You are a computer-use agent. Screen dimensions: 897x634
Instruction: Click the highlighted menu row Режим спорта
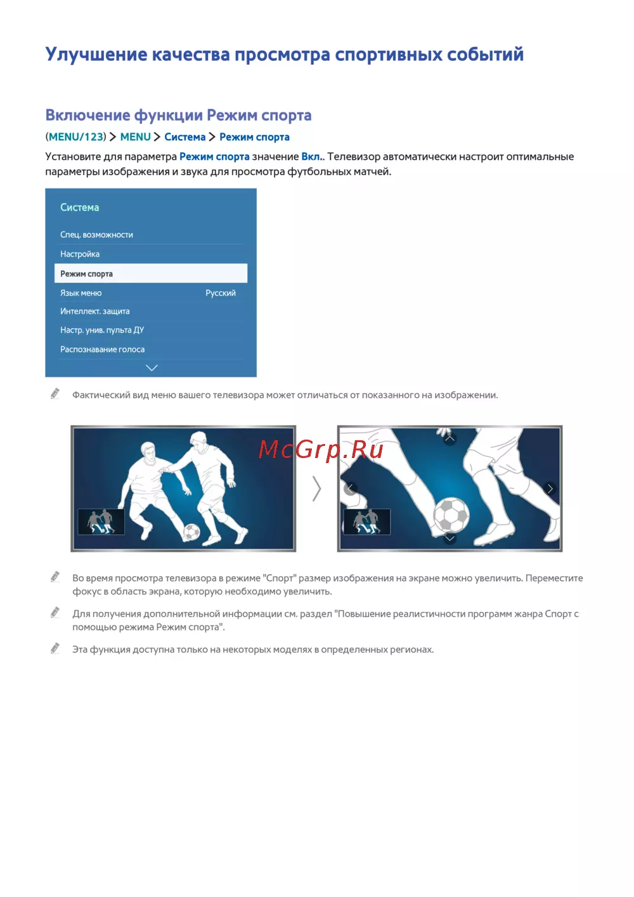(x=150, y=273)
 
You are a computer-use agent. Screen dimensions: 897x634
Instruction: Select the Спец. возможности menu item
(x=96, y=235)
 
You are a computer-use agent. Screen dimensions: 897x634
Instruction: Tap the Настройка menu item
(x=80, y=254)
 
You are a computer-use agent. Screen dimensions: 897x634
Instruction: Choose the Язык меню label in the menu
(x=81, y=293)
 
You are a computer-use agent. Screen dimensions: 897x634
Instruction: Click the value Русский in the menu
(x=221, y=293)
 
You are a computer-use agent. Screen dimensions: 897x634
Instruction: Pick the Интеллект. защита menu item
(x=95, y=311)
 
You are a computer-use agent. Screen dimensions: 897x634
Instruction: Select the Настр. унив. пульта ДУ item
(x=102, y=331)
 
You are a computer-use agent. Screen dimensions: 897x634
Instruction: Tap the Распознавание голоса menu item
(x=103, y=350)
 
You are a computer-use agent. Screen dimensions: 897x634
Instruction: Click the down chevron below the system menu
(x=152, y=368)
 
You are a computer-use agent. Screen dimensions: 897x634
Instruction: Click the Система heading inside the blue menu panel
(x=80, y=207)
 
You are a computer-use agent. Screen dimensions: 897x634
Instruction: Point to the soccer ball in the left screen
(x=191, y=532)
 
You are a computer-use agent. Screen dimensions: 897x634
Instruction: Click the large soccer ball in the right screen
(x=451, y=514)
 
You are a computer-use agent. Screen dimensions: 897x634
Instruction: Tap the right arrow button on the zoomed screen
(x=550, y=488)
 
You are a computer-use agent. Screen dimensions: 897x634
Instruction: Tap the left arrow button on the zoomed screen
(x=350, y=488)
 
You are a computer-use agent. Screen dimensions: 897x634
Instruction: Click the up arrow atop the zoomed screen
(x=450, y=438)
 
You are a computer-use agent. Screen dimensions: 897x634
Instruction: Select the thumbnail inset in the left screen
(x=101, y=521)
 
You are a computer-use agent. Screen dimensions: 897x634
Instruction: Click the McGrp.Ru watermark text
(x=321, y=449)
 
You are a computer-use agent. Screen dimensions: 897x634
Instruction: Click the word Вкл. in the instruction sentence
(x=311, y=157)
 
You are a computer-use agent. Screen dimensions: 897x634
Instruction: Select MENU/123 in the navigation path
(x=76, y=137)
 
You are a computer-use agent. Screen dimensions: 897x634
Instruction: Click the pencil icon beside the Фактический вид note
(x=55, y=394)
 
